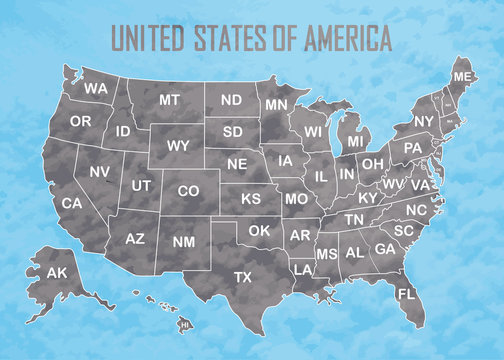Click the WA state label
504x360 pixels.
[x=96, y=89]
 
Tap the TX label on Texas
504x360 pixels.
[x=243, y=276]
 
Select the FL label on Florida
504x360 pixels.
[x=405, y=294]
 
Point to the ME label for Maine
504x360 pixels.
[x=462, y=77]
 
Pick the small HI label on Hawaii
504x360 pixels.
[x=184, y=325]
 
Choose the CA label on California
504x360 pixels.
[x=72, y=203]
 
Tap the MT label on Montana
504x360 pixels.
[x=169, y=100]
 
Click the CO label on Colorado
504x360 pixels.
[x=187, y=190]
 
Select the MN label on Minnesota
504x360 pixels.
[x=276, y=104]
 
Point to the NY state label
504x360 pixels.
[x=424, y=121]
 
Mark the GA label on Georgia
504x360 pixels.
[x=384, y=249]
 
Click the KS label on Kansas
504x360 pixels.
[x=250, y=199]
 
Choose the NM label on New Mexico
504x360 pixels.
[x=184, y=241]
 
